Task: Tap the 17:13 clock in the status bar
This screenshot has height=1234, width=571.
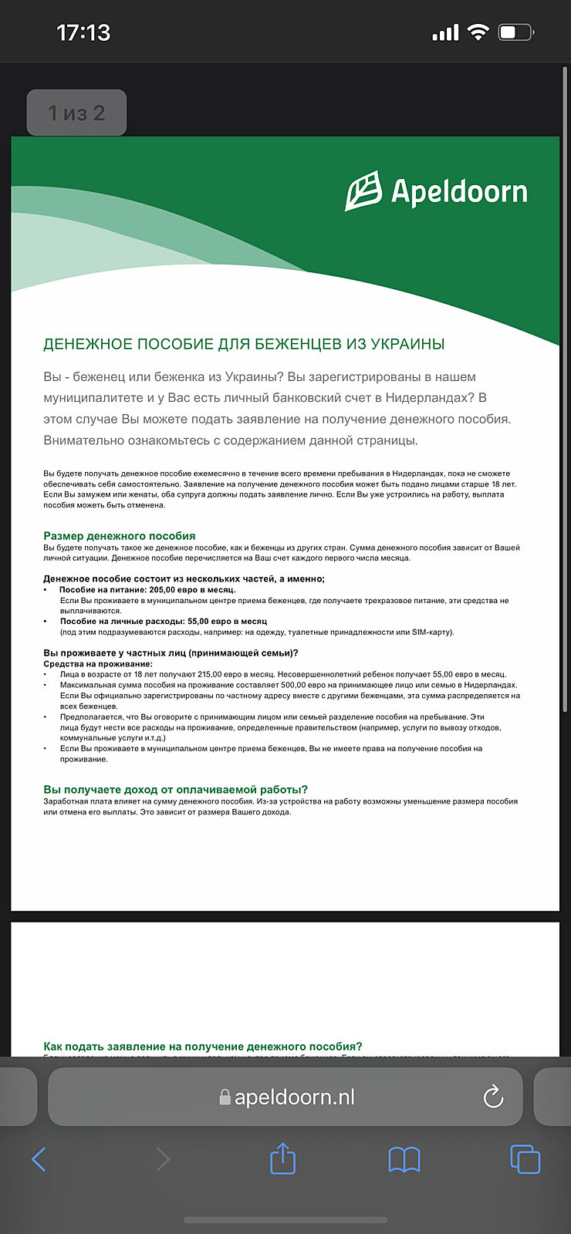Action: tap(83, 32)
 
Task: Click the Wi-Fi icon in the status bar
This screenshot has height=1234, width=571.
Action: tap(478, 32)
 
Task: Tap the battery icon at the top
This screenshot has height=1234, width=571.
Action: tap(515, 32)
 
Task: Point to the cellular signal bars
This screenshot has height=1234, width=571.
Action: tap(445, 33)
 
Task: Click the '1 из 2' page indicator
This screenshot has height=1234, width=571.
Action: tap(76, 113)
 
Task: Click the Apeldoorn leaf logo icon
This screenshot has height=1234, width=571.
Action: tap(363, 191)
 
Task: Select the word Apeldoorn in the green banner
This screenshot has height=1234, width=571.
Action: tap(459, 192)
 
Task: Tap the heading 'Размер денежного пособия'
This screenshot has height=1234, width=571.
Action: tap(120, 536)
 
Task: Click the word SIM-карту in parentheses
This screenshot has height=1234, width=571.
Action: tap(431, 632)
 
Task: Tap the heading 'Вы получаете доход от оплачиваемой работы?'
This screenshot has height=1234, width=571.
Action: tap(175, 789)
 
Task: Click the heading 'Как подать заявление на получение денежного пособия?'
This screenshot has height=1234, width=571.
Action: tap(203, 1047)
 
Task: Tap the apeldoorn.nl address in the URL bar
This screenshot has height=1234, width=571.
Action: tap(294, 1097)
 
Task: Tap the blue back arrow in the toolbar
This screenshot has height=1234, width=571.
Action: tap(39, 1159)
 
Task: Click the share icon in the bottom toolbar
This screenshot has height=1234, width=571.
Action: tap(283, 1158)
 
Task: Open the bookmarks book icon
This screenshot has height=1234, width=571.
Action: tap(404, 1159)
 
